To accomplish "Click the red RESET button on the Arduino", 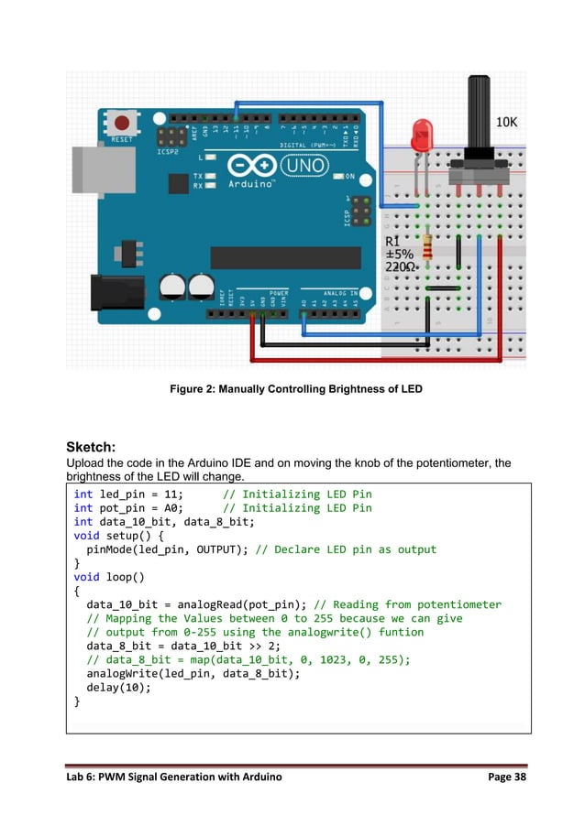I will (120, 123).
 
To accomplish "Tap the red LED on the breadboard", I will (422, 136).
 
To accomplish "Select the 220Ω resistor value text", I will (402, 266).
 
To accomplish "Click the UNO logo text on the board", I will (301, 167).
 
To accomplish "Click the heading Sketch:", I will (91, 447).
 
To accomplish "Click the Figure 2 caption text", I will (296, 389).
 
